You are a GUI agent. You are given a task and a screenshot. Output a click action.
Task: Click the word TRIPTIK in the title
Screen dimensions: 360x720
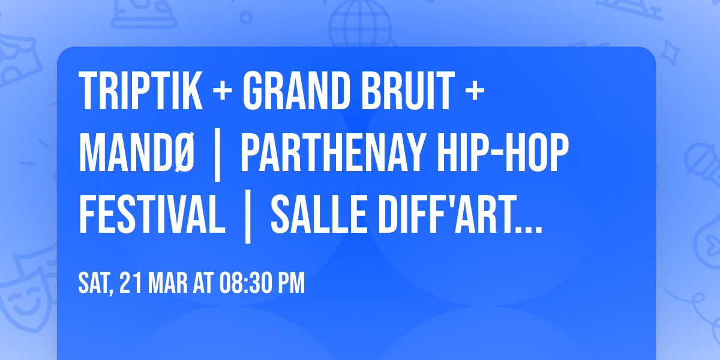pyautogui.click(x=139, y=91)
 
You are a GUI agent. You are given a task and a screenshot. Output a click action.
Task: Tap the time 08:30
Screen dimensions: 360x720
pyautogui.click(x=244, y=283)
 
